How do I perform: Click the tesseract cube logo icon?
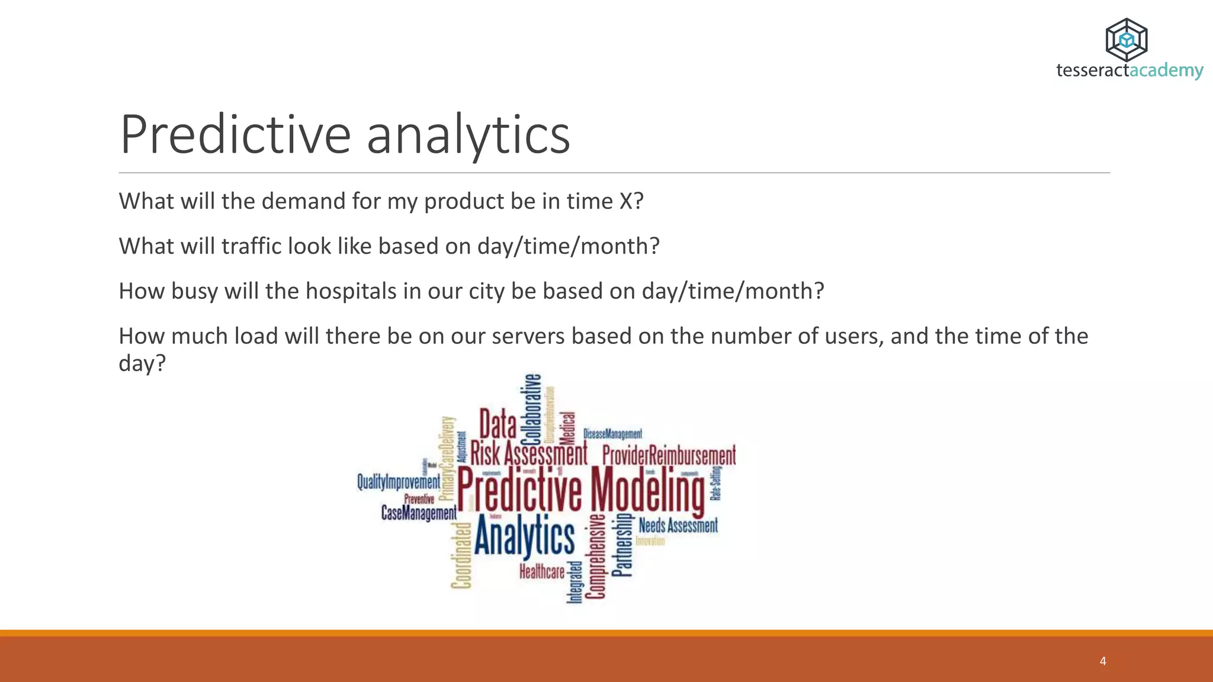tap(1126, 40)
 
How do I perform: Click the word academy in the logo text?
tap(1166, 70)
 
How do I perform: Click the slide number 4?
tap(1102, 661)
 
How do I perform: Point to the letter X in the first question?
tap(625, 201)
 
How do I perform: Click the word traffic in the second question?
tap(251, 246)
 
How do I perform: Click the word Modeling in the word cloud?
tap(648, 489)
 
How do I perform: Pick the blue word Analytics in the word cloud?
tap(524, 536)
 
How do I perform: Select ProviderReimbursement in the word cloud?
tap(669, 455)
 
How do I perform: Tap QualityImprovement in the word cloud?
tap(399, 482)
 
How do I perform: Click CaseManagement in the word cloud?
tap(419, 513)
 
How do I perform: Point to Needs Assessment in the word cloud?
tap(678, 525)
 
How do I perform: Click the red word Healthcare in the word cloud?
tap(542, 571)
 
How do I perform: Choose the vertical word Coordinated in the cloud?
tap(461, 555)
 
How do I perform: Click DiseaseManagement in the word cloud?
tap(612, 434)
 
